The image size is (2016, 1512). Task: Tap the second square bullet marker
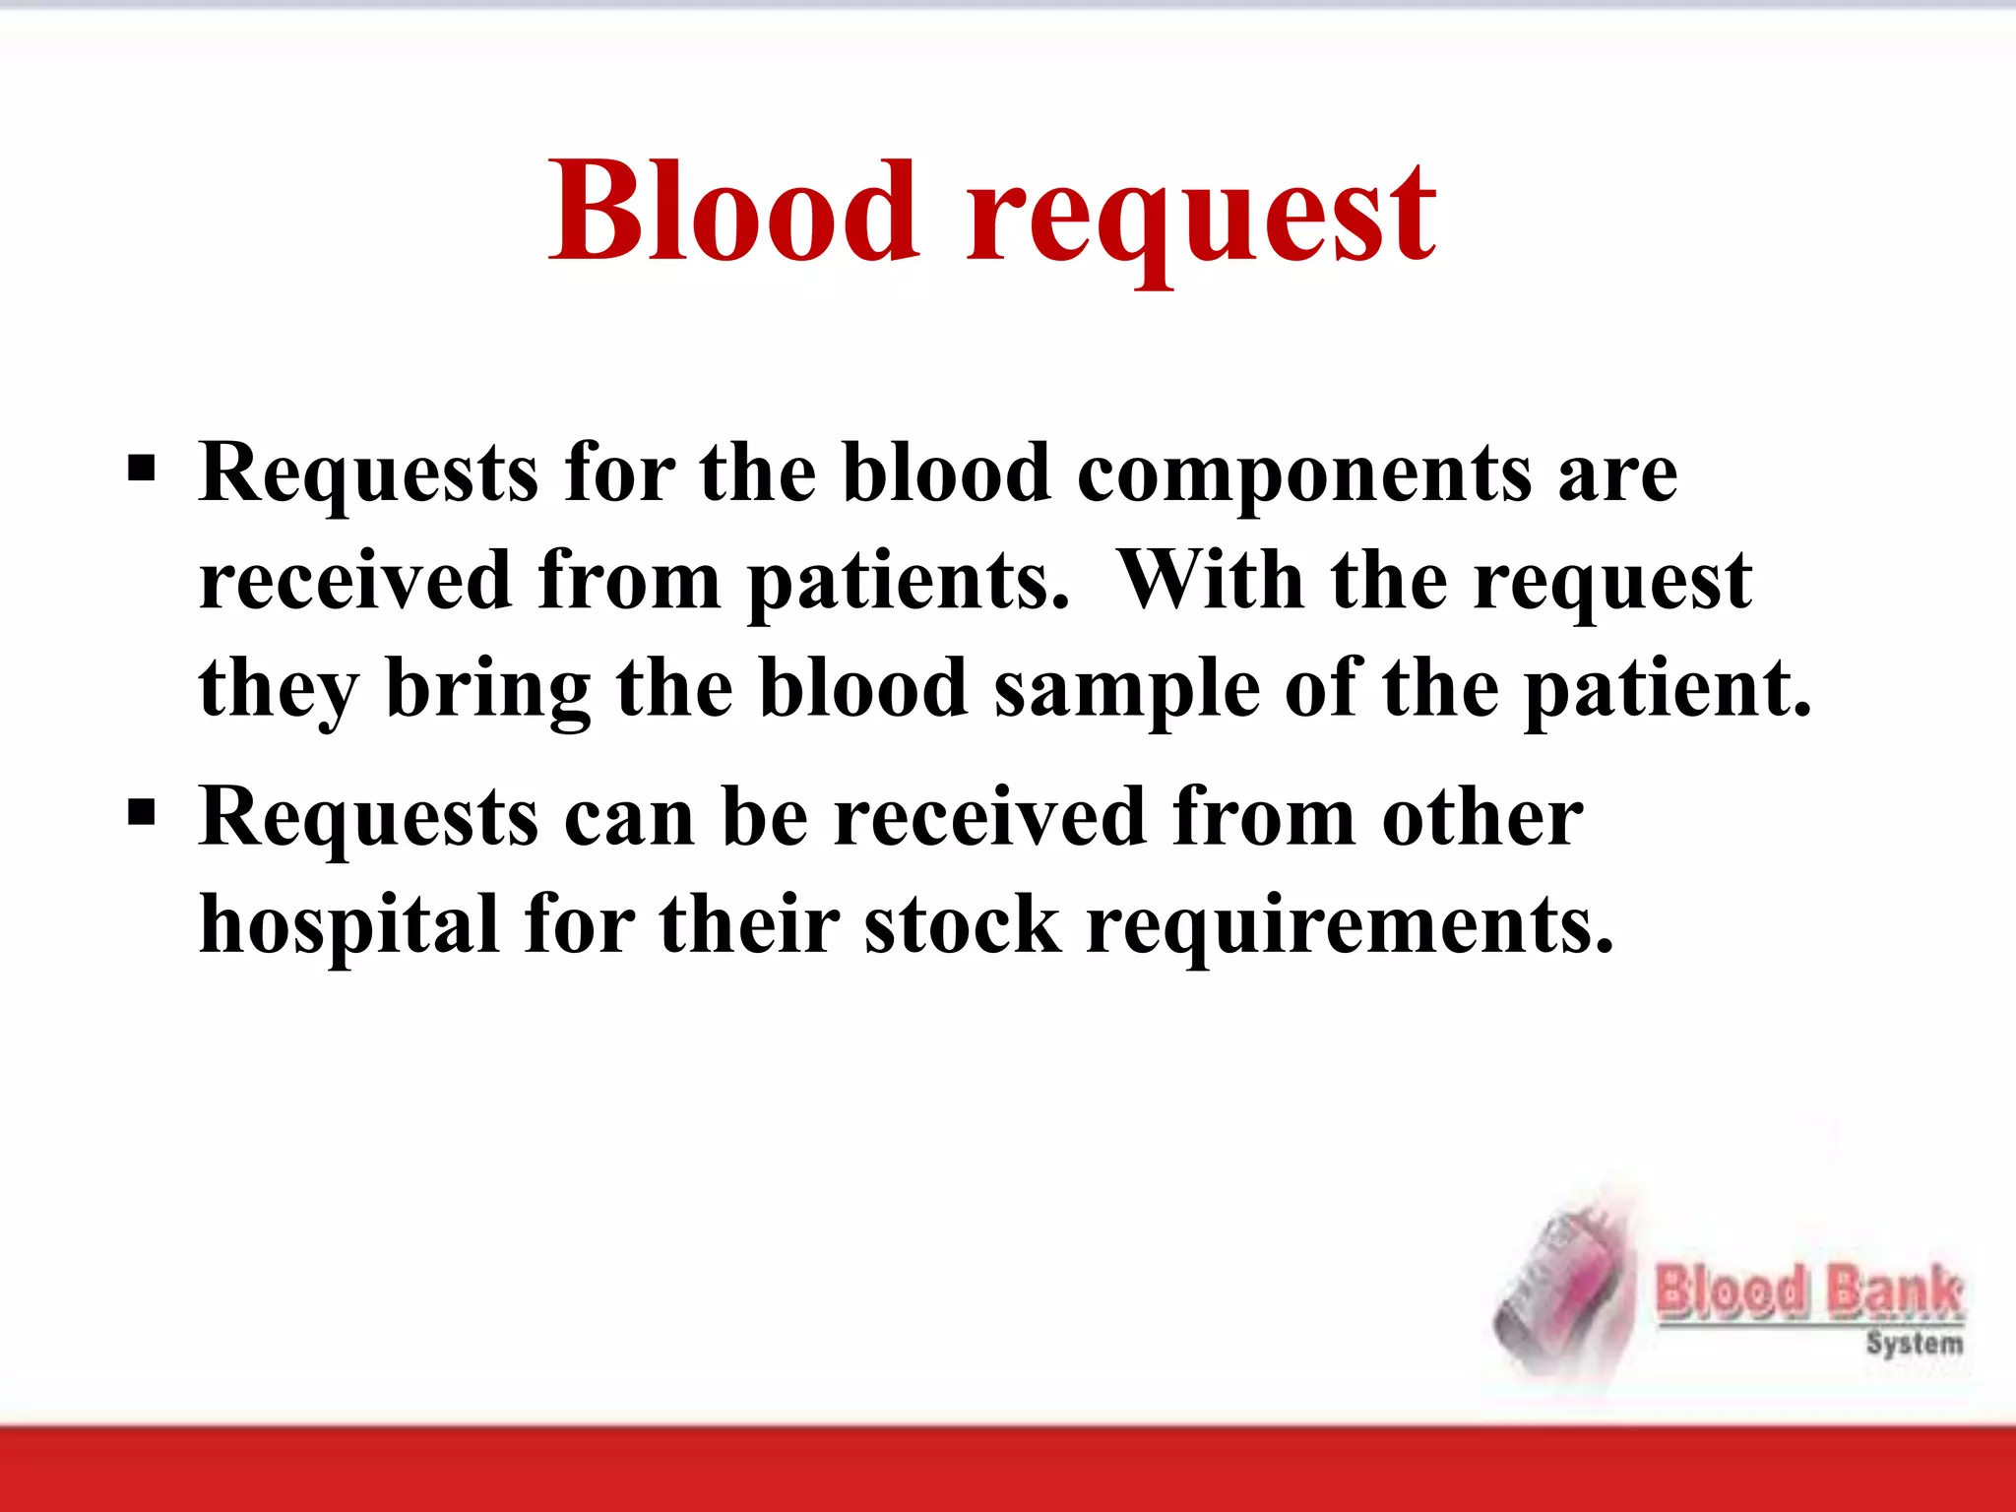(x=142, y=813)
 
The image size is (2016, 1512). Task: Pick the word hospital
(x=349, y=925)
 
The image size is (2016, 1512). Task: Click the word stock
(x=963, y=925)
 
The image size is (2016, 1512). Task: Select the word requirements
(x=1349, y=927)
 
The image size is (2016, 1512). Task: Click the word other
(x=1481, y=817)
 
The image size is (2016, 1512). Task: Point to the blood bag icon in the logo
(x=1560, y=1290)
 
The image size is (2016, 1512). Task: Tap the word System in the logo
(x=1914, y=1344)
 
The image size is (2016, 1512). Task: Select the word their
(x=748, y=925)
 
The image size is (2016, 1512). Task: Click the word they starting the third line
(x=279, y=691)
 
